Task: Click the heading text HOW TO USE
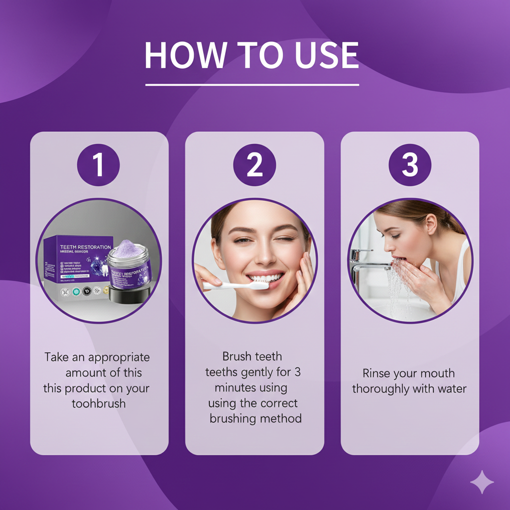tap(252, 55)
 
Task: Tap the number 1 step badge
tap(99, 165)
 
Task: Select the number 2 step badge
tap(255, 165)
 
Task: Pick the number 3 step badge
tap(410, 165)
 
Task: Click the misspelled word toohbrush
tap(99, 403)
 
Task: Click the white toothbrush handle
tap(224, 286)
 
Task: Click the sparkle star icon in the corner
tap(482, 482)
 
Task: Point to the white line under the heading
tap(252, 85)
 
